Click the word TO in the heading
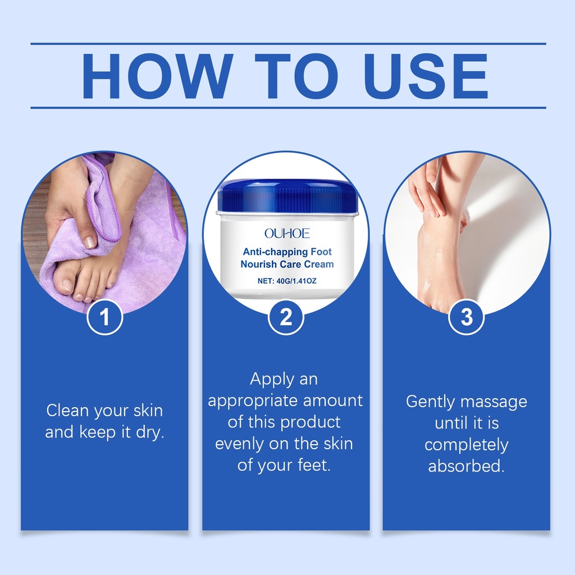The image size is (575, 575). click(296, 76)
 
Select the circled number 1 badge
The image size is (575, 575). click(104, 317)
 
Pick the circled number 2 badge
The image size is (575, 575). click(286, 317)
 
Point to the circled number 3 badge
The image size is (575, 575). click(467, 317)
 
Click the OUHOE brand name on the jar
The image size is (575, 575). click(287, 233)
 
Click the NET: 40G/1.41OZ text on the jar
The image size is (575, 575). click(287, 281)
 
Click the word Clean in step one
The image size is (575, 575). click(68, 410)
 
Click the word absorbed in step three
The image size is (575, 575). click(466, 466)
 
